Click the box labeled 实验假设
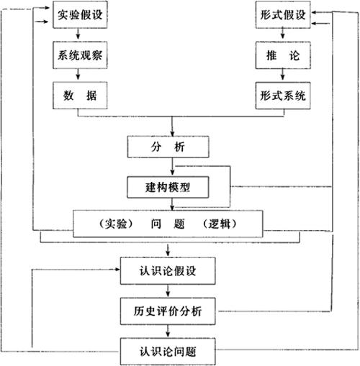(x=80, y=14)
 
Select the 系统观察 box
(x=80, y=55)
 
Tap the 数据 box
(x=80, y=96)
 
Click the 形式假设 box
(x=283, y=14)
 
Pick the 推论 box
(x=283, y=55)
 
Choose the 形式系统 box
(x=283, y=96)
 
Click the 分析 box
(x=168, y=147)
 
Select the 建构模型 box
(x=168, y=187)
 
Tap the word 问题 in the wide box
(x=168, y=224)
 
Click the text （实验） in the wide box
(x=116, y=224)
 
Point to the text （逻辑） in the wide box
(x=220, y=224)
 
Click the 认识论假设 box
(x=168, y=271)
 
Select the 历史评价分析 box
(x=168, y=311)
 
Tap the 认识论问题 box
(x=168, y=352)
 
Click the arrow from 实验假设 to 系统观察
(x=78, y=34)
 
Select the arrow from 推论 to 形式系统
(x=282, y=74)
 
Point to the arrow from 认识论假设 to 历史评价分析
(x=168, y=290)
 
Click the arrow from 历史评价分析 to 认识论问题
(x=168, y=331)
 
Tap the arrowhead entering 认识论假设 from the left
(x=117, y=270)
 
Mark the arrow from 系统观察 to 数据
(x=78, y=74)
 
